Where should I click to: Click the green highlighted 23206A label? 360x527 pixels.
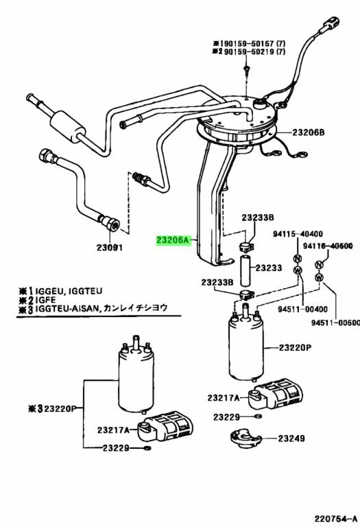click(173, 241)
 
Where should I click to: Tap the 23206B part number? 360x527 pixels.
click(308, 132)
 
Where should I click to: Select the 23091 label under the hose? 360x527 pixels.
click(110, 248)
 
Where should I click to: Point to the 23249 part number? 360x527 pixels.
click(291, 438)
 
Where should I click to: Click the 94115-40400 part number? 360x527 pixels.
click(298, 234)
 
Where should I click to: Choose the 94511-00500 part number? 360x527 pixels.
click(335, 323)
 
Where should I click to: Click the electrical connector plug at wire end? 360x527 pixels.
click(331, 23)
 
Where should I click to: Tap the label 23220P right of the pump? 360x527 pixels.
click(295, 347)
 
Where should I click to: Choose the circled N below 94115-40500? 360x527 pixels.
click(319, 264)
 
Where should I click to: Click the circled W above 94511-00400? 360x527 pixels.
click(298, 270)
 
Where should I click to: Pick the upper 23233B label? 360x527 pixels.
click(258, 218)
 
